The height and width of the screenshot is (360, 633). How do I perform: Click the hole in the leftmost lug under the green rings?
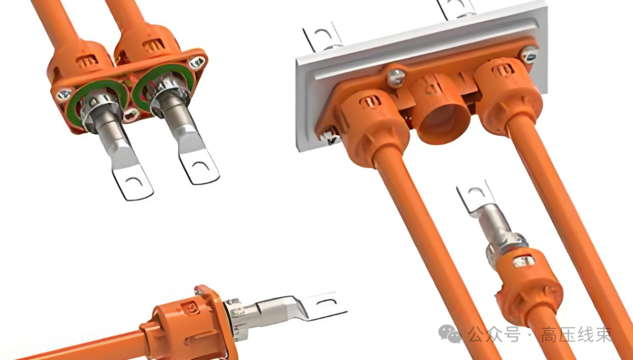pyautogui.click(x=134, y=182)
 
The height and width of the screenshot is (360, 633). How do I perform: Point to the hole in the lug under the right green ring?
pyautogui.click(x=200, y=166)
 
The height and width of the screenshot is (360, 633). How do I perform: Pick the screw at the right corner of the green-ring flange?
pyautogui.click(x=196, y=62)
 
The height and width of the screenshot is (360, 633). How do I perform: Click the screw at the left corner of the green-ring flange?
pyautogui.click(x=64, y=96)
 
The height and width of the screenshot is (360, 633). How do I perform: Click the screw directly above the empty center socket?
pyautogui.click(x=396, y=77)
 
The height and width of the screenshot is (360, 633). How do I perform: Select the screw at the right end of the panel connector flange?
pyautogui.click(x=529, y=54)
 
